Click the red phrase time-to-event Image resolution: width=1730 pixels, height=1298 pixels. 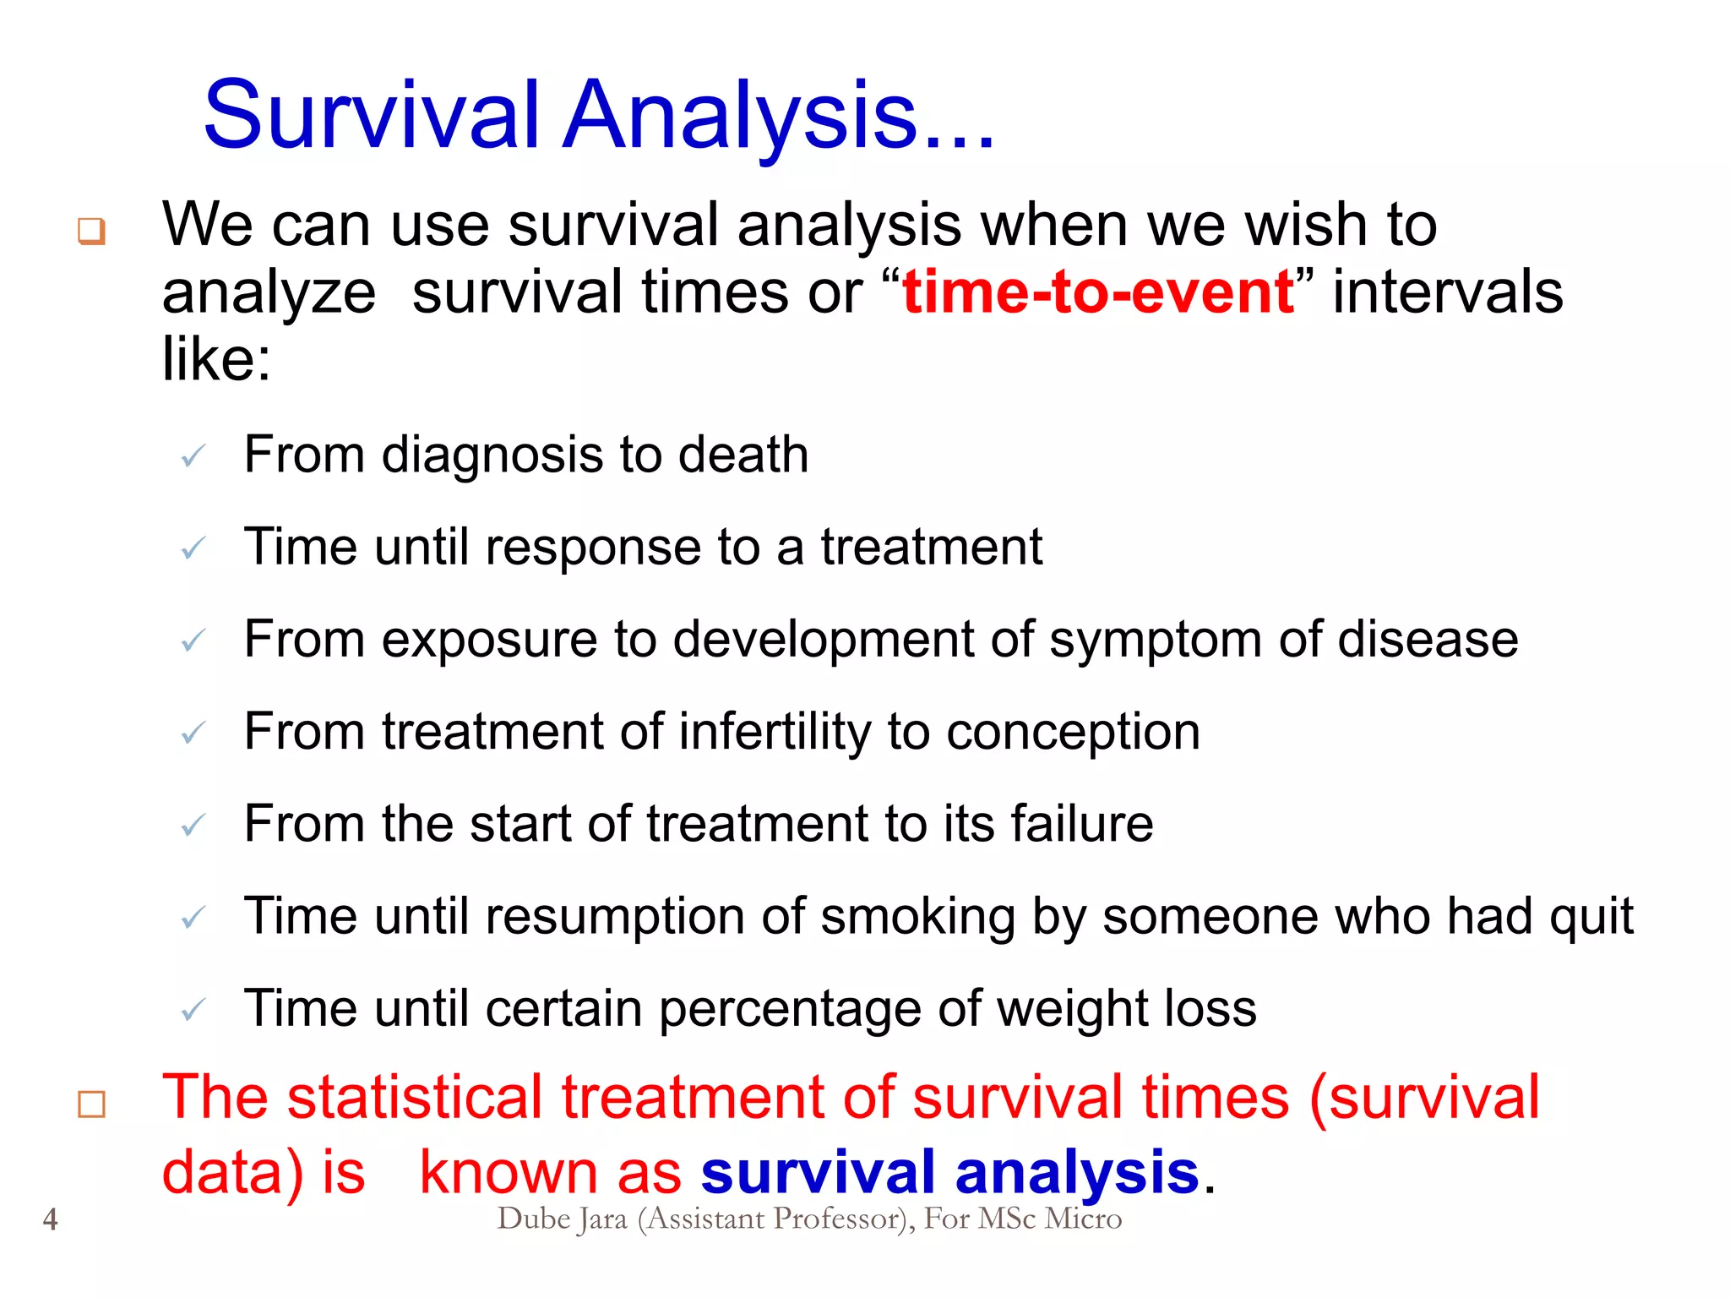coord(1098,292)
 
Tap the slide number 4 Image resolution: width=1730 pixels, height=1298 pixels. coord(51,1219)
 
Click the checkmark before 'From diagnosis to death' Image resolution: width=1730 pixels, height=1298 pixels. coord(193,457)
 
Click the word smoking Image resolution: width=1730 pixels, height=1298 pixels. coord(917,916)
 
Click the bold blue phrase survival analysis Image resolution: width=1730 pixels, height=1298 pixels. coord(949,1172)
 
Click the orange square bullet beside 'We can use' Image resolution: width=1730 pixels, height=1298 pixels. coord(91,230)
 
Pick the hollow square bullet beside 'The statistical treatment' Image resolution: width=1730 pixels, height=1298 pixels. coord(91,1104)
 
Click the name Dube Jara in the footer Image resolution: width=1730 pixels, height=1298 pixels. coord(562,1219)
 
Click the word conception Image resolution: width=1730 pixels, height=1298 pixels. coord(1073,731)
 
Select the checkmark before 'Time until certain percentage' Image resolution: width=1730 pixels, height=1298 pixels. coord(193,1010)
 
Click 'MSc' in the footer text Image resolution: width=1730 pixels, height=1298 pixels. coord(1007,1219)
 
